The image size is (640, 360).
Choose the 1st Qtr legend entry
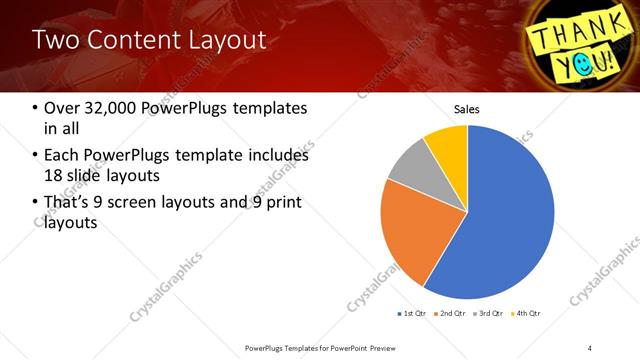[412, 314]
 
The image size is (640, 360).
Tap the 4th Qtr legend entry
[526, 314]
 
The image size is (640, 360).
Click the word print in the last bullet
[280, 204]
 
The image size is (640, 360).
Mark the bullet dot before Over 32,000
[36, 108]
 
